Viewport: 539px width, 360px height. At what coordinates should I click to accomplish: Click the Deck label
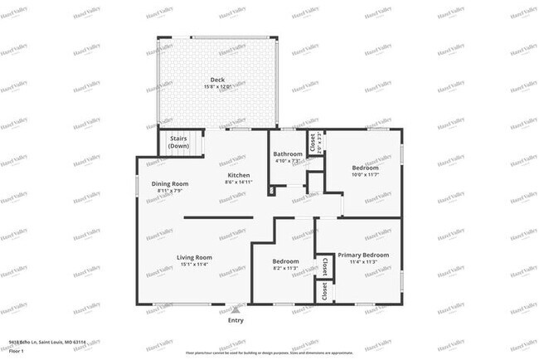coord(217,80)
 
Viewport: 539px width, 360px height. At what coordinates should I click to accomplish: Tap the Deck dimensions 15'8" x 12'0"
coord(217,86)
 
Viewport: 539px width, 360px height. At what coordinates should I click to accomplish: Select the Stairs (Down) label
coord(178,141)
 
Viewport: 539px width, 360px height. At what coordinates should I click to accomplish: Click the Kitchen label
coord(240,175)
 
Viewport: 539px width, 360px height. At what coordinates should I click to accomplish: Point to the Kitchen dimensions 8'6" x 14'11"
coord(240,182)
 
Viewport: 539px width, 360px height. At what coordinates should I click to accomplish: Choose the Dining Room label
coord(170,183)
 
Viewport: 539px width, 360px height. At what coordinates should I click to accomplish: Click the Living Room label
coord(194,257)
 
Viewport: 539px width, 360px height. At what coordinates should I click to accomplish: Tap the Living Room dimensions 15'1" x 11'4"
coord(194,265)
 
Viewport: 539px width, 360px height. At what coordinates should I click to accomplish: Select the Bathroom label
coord(288,153)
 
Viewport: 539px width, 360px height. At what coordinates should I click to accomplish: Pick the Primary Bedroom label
coord(363,255)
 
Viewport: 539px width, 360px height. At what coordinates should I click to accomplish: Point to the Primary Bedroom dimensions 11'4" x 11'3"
coord(363,262)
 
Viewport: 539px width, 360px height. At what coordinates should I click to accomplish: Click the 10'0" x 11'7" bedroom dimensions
coord(365,174)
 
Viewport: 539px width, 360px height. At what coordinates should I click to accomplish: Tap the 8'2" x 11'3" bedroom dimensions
coord(285,268)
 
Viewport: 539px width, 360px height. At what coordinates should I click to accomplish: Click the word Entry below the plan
coord(236,320)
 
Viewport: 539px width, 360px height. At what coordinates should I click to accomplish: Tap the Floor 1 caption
coord(15,351)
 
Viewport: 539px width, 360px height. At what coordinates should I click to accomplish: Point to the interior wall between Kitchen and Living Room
coord(218,218)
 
